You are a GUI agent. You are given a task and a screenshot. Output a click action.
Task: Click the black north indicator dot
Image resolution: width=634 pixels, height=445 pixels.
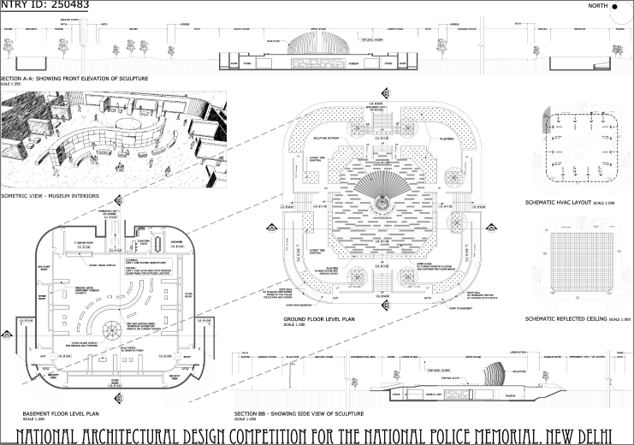tap(626, 6)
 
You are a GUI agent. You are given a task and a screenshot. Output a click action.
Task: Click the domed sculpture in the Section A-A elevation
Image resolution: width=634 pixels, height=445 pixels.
tap(311, 45)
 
